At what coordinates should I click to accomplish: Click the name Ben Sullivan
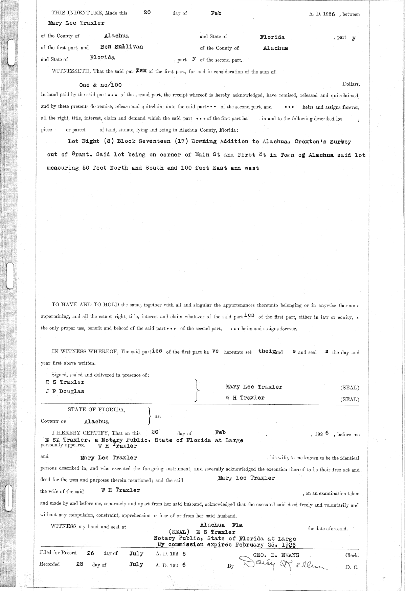point(121,47)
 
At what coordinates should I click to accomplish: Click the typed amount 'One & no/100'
point(100,85)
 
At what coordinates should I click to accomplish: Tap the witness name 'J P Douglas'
point(65,392)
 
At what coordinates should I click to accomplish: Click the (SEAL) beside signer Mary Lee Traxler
point(349,388)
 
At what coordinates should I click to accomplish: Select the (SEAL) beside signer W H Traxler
point(349,399)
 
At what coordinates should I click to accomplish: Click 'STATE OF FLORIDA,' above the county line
point(96,409)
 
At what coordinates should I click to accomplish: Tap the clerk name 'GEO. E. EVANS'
point(276,555)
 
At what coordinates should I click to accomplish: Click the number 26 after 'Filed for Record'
point(90,553)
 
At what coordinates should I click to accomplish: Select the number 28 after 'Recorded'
point(80,564)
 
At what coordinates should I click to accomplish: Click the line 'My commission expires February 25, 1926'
point(227,545)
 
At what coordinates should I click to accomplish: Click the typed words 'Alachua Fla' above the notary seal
point(221,525)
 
